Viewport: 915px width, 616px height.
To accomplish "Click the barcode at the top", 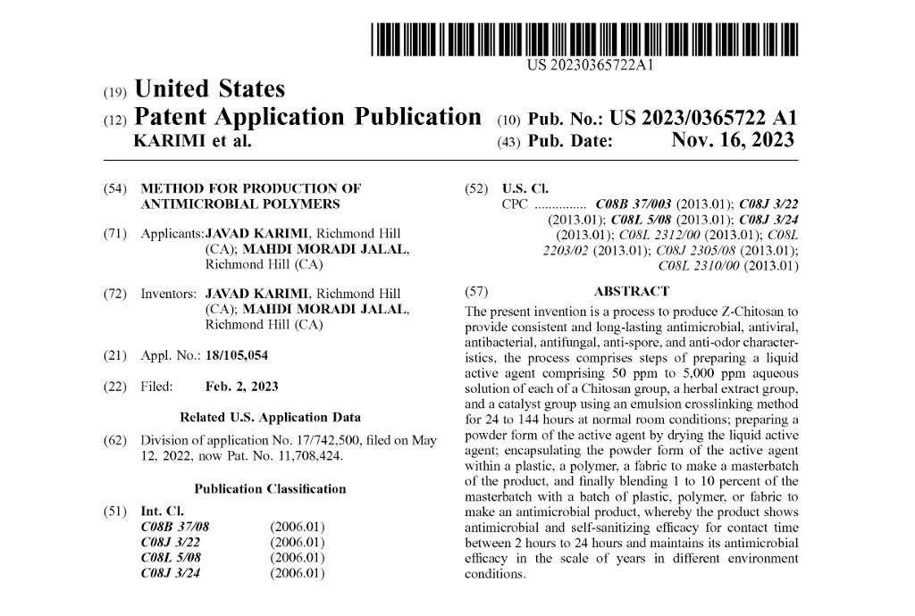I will coord(584,40).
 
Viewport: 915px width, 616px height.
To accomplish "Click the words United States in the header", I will coord(209,89).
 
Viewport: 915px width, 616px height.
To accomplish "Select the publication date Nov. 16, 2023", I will coord(732,141).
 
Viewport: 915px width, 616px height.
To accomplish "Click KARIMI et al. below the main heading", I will coord(192,141).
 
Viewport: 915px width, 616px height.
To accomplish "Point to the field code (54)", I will coord(114,188).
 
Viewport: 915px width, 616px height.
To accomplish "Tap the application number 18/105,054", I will coord(236,355).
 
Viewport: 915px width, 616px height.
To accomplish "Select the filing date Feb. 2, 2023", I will coord(241,387).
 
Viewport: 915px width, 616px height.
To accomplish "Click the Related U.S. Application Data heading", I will coord(270,417).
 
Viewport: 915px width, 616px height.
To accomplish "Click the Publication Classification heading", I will coord(270,488).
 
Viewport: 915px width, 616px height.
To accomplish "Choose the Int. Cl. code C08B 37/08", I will coord(175,527).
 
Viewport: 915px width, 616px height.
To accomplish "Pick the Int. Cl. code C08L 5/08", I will coord(171,557).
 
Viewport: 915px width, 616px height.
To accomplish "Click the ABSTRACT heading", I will coord(631,291).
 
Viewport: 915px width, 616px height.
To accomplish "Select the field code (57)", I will coord(475,291).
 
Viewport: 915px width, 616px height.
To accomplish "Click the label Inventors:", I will coord(169,294).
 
